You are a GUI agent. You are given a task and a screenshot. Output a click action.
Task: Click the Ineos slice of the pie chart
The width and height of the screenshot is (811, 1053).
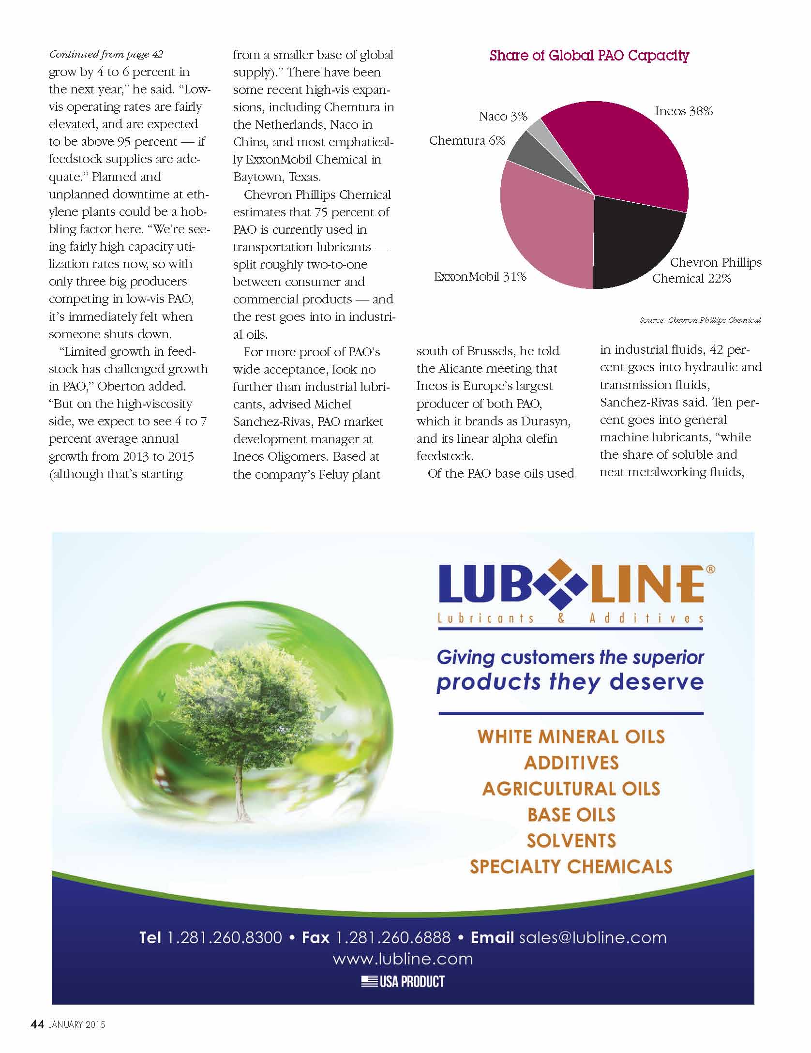pyautogui.click(x=629, y=150)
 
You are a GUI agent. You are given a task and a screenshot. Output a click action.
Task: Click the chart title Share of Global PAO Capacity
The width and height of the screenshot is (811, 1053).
pyautogui.click(x=589, y=56)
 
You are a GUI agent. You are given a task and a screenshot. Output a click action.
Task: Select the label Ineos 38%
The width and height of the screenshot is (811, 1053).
pyautogui.click(x=683, y=111)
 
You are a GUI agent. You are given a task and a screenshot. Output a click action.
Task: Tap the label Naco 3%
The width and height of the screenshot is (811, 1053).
pyautogui.click(x=503, y=117)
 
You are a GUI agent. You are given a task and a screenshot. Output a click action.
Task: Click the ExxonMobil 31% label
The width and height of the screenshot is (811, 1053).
pyautogui.click(x=480, y=277)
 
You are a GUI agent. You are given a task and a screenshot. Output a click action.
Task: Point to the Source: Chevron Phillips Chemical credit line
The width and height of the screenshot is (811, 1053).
pyautogui.click(x=700, y=320)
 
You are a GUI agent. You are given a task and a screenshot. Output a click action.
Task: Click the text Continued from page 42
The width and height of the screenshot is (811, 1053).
pyautogui.click(x=106, y=54)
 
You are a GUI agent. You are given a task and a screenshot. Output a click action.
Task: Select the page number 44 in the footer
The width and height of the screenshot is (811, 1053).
pyautogui.click(x=37, y=1024)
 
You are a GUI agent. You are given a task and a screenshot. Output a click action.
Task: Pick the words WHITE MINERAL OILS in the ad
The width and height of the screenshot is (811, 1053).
pyautogui.click(x=571, y=737)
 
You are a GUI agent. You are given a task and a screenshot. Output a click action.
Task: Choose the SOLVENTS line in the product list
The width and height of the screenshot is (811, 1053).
pyautogui.click(x=571, y=841)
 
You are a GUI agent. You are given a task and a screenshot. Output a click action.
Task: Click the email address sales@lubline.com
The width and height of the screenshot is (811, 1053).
pyautogui.click(x=593, y=937)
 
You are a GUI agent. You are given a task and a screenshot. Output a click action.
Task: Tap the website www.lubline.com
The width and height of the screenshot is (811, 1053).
pyautogui.click(x=403, y=959)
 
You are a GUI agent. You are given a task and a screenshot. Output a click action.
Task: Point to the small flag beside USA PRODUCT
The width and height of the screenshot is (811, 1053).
pyautogui.click(x=369, y=981)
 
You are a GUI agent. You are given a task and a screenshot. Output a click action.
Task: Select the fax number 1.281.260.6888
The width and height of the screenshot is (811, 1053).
pyautogui.click(x=393, y=937)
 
